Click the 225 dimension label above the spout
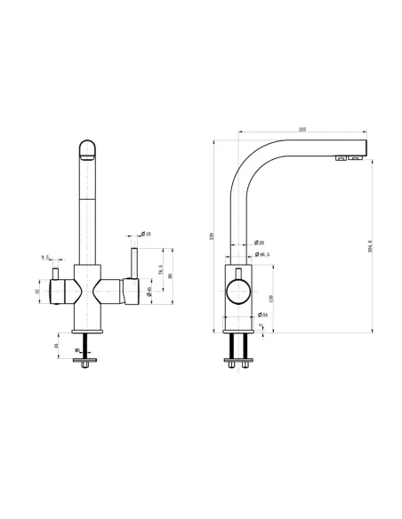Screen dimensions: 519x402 tap(302, 130)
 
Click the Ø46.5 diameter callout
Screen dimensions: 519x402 tap(263, 255)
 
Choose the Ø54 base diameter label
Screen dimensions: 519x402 tap(263, 315)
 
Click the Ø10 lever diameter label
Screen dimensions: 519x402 tap(147, 234)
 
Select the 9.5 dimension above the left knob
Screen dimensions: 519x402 tap(44, 258)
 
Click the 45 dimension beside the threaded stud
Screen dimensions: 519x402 tap(57, 347)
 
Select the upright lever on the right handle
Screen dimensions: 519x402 tap(135, 262)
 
